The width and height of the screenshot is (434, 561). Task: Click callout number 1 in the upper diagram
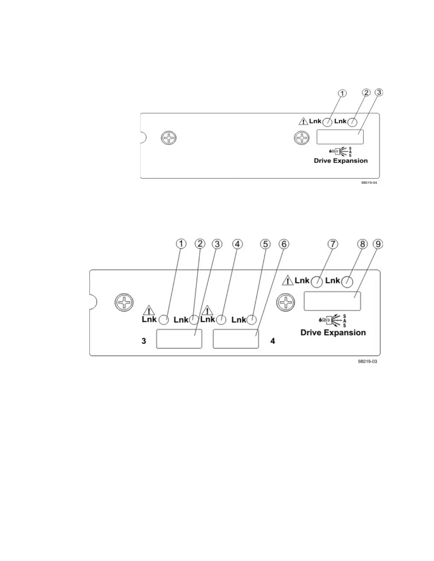342,93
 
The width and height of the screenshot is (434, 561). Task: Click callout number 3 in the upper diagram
379,92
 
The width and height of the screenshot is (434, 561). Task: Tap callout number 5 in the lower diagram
265,244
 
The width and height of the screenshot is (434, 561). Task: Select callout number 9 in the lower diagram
378,244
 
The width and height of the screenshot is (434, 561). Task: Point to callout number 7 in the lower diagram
333,244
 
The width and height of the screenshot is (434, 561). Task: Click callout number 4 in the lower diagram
237,244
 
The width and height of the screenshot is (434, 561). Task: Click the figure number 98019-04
369,183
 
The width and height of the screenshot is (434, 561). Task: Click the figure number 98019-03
367,362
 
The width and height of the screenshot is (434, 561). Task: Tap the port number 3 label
144,341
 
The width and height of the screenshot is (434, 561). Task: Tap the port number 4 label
273,341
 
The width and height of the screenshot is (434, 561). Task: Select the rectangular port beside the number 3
179,339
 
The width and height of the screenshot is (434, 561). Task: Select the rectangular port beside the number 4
236,339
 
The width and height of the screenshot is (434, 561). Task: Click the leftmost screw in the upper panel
169,138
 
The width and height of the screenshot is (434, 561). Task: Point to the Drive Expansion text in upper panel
341,161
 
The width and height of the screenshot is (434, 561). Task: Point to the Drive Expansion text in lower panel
333,333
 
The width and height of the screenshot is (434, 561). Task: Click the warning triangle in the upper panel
304,121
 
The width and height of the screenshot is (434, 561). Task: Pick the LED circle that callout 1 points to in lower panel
163,320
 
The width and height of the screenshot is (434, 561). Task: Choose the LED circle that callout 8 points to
347,282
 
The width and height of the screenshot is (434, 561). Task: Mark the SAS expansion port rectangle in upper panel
340,137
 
